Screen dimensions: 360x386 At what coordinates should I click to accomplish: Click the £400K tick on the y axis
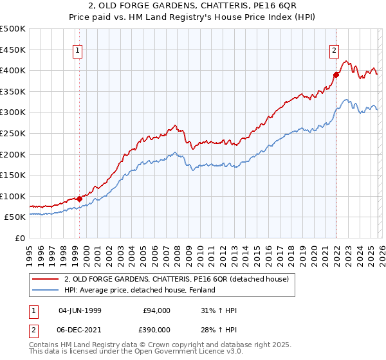click(x=13, y=70)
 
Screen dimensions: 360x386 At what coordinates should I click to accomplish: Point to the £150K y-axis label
click(x=13, y=175)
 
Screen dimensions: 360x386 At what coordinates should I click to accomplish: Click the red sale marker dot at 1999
click(x=79, y=199)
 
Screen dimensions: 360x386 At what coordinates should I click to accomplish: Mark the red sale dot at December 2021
click(x=335, y=75)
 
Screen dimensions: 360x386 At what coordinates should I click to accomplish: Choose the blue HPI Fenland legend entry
click(x=139, y=290)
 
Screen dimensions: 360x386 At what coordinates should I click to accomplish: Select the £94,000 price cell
click(x=157, y=310)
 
